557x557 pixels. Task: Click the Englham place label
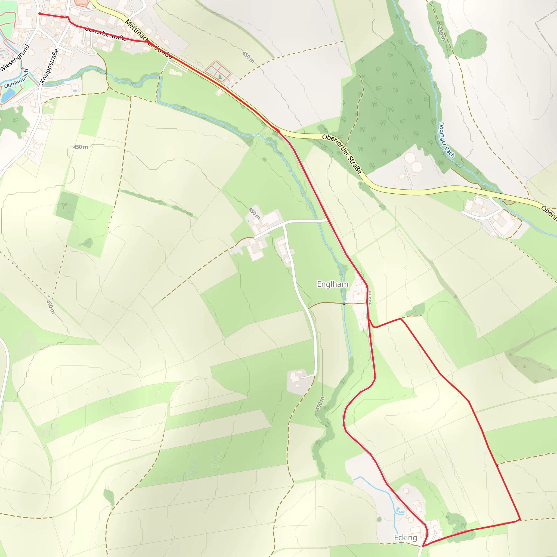(332, 284)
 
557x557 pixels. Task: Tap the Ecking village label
(405, 538)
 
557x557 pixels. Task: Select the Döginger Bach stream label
(446, 140)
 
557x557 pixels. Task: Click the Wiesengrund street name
(15, 58)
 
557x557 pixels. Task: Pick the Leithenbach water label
(16, 79)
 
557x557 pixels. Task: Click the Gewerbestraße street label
(105, 34)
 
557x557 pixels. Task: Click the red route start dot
(40, 14)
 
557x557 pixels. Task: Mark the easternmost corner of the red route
(520, 519)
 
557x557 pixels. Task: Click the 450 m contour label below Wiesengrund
(81, 147)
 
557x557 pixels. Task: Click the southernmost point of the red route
(423, 546)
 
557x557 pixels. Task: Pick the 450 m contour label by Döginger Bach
(441, 34)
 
